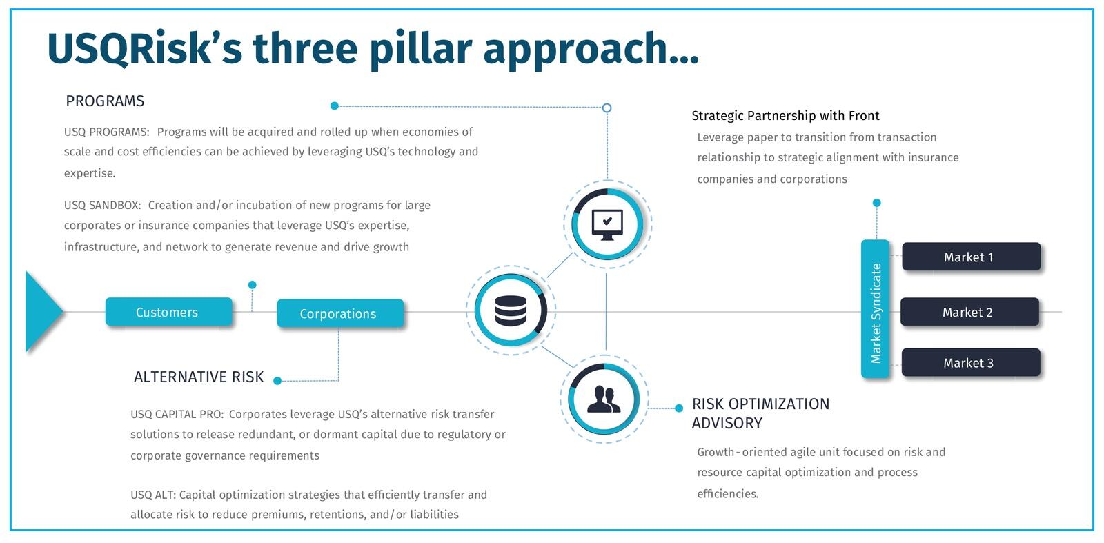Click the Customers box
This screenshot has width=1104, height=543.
(x=168, y=311)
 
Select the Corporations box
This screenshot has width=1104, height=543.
(x=340, y=313)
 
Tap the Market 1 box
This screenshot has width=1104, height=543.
(x=971, y=257)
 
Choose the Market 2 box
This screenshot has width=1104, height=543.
(x=969, y=312)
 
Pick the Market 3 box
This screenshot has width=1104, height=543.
(x=970, y=363)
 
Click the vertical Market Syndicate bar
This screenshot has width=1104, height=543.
(x=876, y=309)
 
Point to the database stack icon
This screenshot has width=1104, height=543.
(x=511, y=310)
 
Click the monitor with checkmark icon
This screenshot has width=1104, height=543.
(x=607, y=225)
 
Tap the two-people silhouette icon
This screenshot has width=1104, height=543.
(x=604, y=399)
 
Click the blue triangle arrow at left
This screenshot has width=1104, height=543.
(x=43, y=311)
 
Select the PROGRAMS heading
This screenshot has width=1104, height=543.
(x=105, y=101)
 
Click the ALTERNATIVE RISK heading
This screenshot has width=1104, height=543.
(x=199, y=377)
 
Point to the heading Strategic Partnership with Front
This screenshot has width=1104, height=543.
(x=785, y=116)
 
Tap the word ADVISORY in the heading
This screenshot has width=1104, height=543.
(x=727, y=423)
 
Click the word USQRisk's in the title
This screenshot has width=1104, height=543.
(x=144, y=48)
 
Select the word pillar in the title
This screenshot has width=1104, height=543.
(x=421, y=49)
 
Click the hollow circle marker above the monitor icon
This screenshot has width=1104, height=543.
(x=607, y=108)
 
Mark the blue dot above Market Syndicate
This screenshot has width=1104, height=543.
(x=877, y=203)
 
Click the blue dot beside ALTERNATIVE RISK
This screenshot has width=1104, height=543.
(x=277, y=380)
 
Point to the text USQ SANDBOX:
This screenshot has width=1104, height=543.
(x=103, y=205)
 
